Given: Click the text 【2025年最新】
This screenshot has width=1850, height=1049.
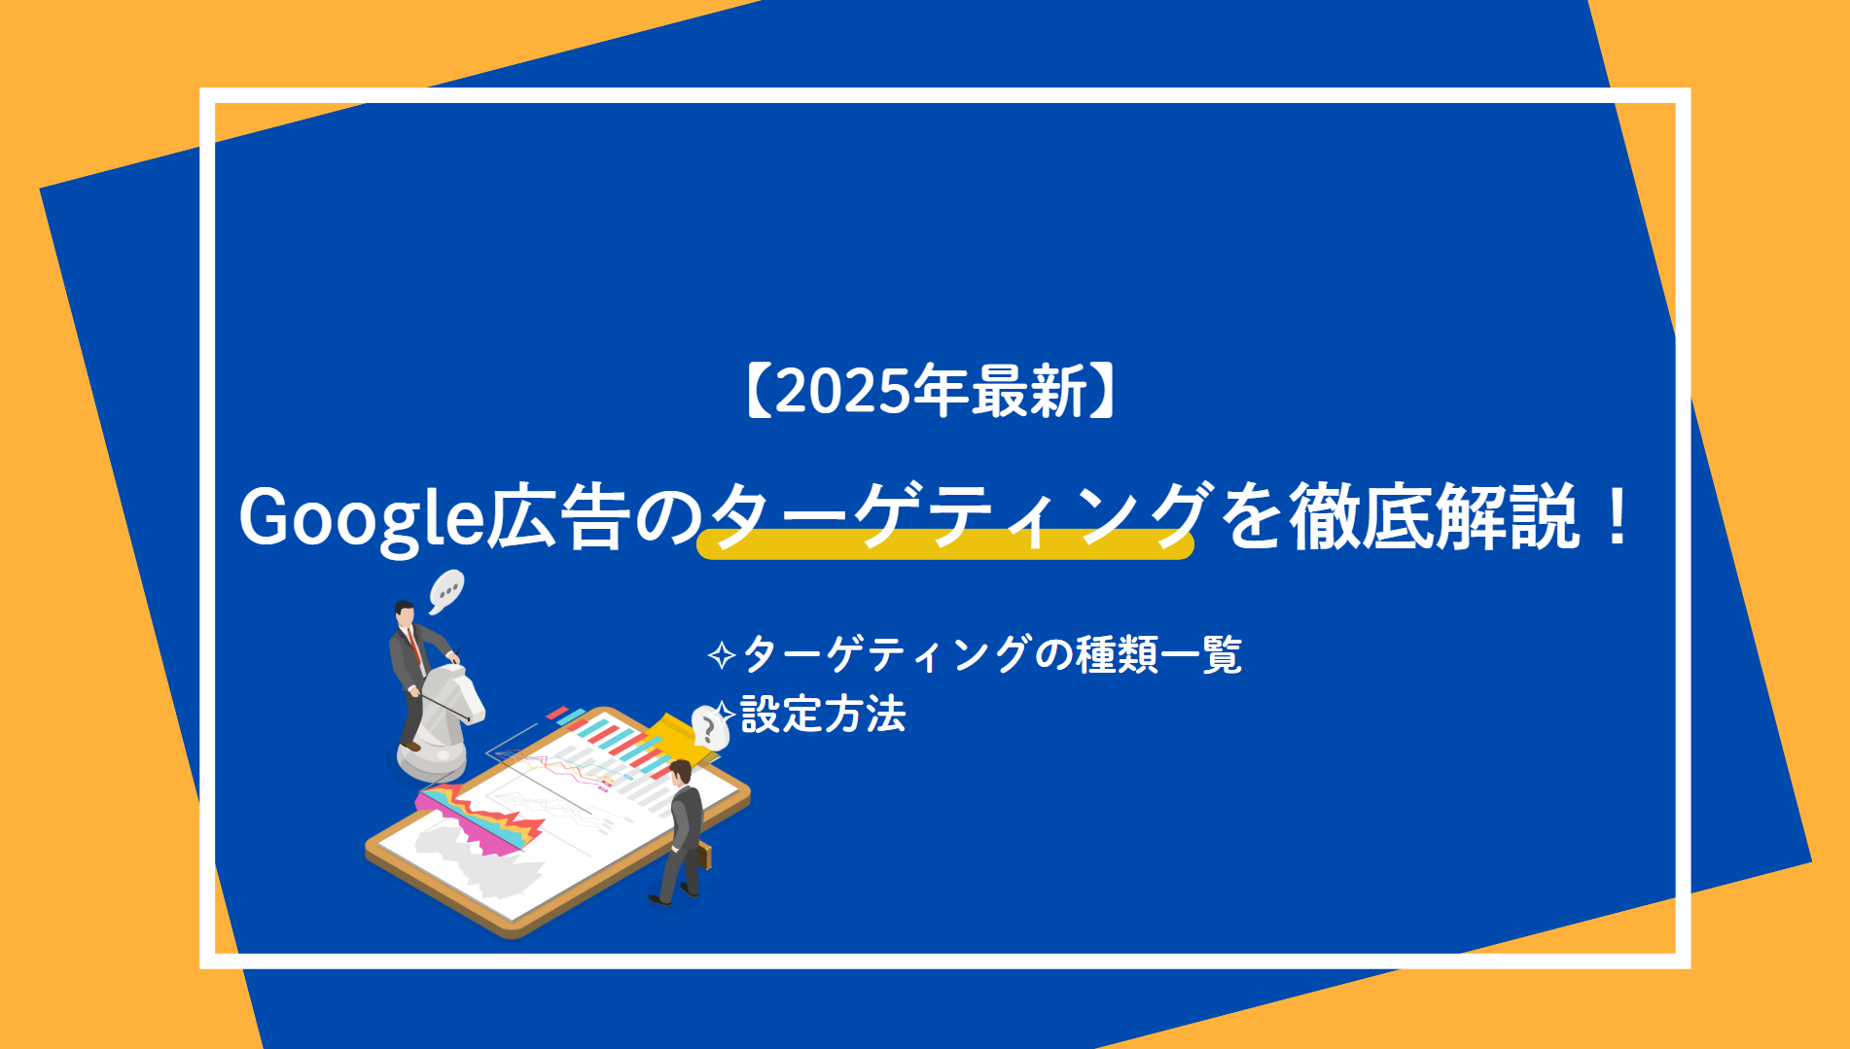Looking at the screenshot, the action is click(x=932, y=391).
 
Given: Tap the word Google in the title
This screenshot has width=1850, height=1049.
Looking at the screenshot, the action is click(x=361, y=518).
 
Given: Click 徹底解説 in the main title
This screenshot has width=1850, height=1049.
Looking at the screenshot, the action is click(x=1435, y=516).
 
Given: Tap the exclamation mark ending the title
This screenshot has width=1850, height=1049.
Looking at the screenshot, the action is click(x=1618, y=516).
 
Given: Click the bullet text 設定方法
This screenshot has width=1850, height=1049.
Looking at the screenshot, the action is click(x=823, y=715).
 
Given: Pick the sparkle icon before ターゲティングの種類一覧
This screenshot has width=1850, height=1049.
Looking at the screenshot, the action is click(x=721, y=655).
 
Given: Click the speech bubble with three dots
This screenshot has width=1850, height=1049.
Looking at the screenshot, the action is click(x=446, y=589).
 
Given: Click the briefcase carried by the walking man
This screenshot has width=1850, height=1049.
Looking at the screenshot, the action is click(x=703, y=857).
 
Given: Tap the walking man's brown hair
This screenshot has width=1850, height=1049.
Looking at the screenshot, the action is click(x=681, y=770).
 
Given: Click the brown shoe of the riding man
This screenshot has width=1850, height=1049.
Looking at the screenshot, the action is click(x=409, y=747).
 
